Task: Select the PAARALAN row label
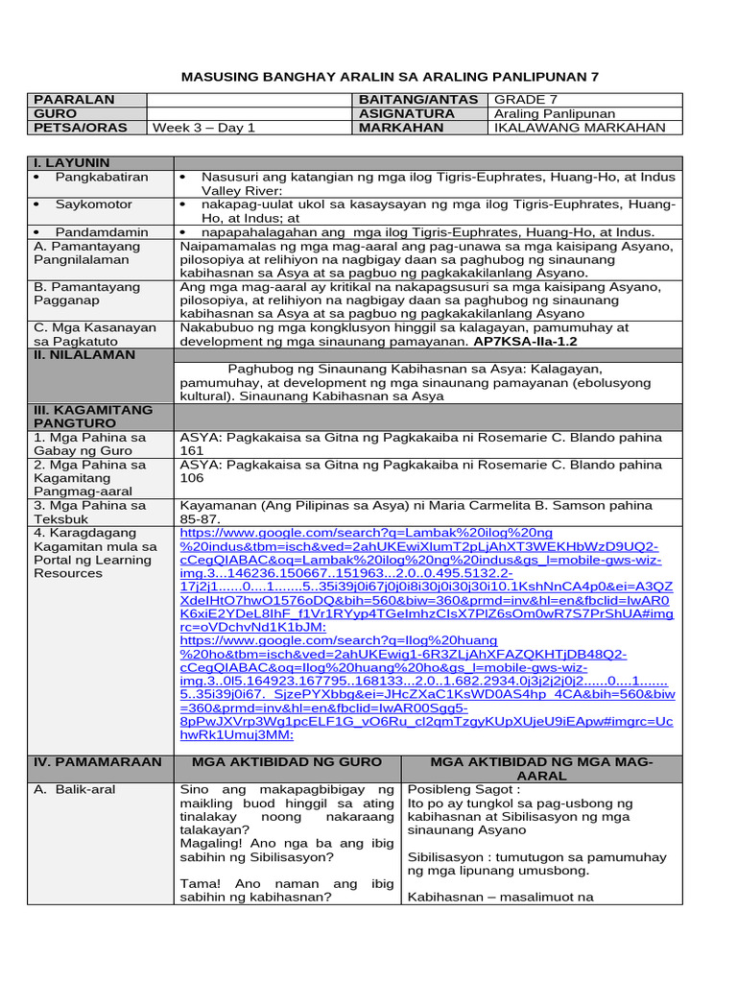click(74, 100)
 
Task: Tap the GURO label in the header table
click(55, 113)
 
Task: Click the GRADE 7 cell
click(526, 100)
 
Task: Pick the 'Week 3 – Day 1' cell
click(203, 128)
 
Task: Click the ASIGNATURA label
click(407, 113)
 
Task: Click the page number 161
click(192, 450)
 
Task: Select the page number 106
click(192, 477)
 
